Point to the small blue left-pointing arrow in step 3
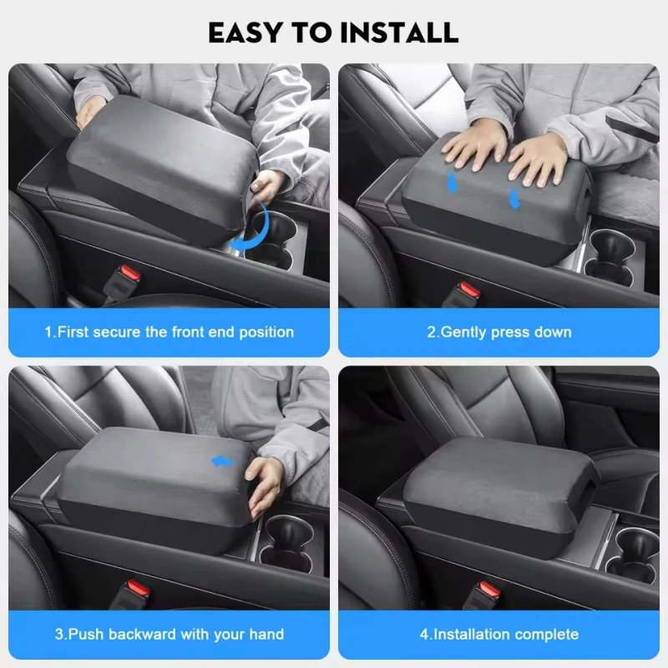pyautogui.click(x=223, y=462)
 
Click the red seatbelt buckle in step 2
pyautogui.click(x=469, y=291)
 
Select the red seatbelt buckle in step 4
pyautogui.click(x=489, y=590)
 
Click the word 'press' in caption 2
pyautogui.click(x=509, y=332)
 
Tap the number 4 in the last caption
pyautogui.click(x=424, y=635)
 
